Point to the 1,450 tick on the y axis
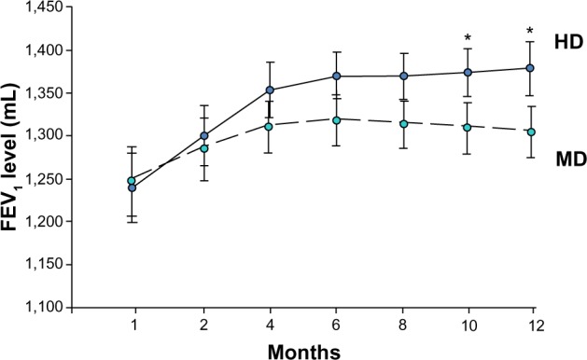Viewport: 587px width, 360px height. [x=43, y=7]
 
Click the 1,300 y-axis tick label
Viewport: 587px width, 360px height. [x=43, y=136]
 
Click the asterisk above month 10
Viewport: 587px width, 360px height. [x=468, y=38]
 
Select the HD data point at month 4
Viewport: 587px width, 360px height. [x=269, y=90]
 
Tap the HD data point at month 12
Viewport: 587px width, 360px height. [x=531, y=68]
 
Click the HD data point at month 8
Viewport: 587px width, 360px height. [x=403, y=76]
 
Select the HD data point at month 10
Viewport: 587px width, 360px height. [x=468, y=73]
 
